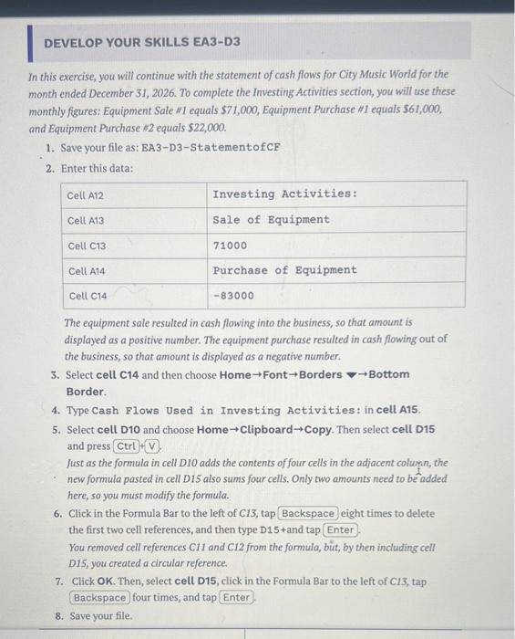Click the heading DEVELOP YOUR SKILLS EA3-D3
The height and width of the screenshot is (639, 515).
(x=142, y=43)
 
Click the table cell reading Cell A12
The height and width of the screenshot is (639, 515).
(x=86, y=194)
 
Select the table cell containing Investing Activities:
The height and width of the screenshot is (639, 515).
(x=284, y=194)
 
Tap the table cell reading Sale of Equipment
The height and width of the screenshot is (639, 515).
(x=271, y=220)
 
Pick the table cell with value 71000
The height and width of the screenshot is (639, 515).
(x=230, y=246)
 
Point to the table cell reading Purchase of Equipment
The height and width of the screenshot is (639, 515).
(x=284, y=270)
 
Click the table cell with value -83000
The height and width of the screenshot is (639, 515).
(x=233, y=296)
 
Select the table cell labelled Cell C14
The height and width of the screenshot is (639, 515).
(x=87, y=296)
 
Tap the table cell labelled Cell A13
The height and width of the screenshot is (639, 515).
(x=86, y=220)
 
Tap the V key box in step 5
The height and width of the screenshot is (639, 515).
(x=151, y=446)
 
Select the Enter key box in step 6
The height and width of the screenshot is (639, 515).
(x=340, y=530)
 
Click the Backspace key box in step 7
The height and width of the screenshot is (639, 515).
(x=99, y=597)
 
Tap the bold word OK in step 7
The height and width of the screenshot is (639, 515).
(x=105, y=581)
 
